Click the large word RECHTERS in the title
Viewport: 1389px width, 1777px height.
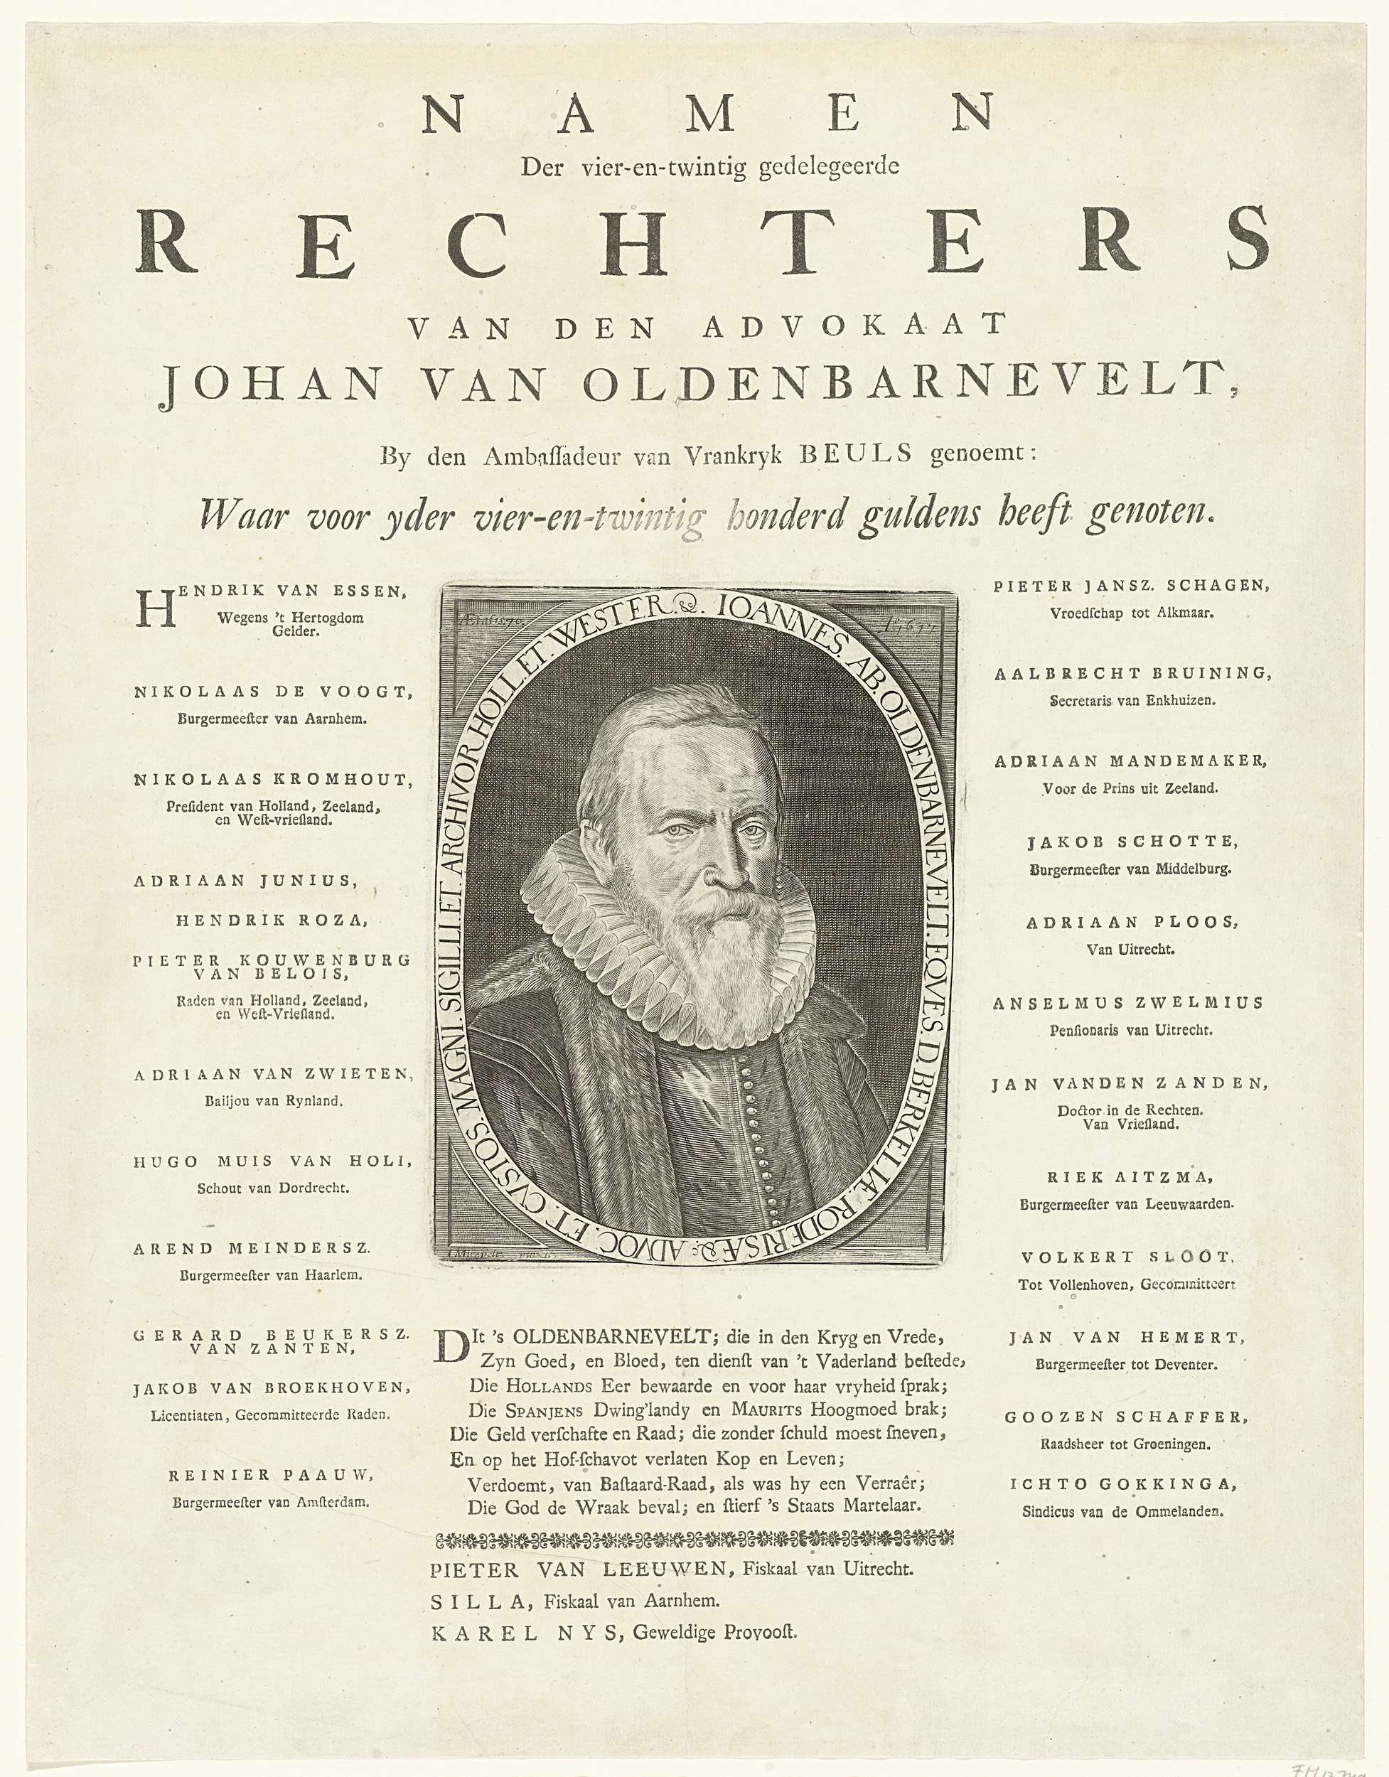point(702,241)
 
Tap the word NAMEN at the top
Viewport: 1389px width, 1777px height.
point(708,114)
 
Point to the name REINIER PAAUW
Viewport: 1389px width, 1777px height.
point(271,1474)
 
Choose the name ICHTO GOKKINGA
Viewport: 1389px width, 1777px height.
point(1123,1483)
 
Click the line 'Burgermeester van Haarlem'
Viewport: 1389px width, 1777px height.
point(271,1276)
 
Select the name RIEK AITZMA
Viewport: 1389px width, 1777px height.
point(1127,1176)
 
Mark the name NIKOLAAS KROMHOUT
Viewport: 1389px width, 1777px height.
point(272,780)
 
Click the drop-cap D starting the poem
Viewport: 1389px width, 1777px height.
point(450,1346)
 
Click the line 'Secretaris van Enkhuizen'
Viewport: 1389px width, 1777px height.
point(1132,699)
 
